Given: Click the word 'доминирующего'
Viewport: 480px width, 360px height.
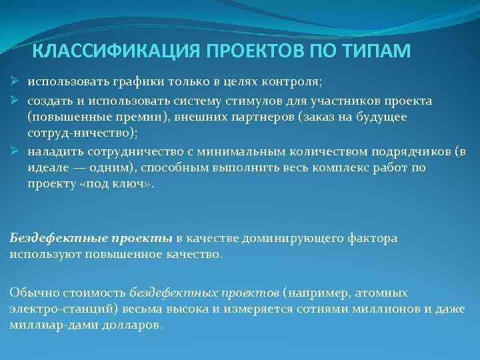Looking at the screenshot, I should point(294,238).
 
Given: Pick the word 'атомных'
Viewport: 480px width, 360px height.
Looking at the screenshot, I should point(383,293).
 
